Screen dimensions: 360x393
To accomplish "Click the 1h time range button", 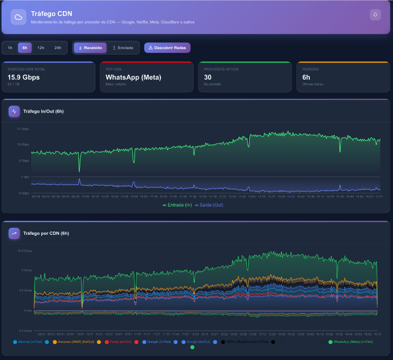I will pos(10,48).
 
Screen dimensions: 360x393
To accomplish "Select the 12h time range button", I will pos(41,48).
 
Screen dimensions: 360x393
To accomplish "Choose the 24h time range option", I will pos(58,48).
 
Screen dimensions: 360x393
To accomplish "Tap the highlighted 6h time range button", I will pos(25,48).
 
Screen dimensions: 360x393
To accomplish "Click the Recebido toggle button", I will pos(90,48).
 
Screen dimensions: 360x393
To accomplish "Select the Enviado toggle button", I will pos(123,48).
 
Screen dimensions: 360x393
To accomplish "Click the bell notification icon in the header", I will pos(375,15).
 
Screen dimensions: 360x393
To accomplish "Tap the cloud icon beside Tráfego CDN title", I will pos(19,17).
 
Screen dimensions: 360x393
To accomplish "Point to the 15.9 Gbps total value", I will pos(23,77).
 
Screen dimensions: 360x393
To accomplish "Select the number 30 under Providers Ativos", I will pos(207,77).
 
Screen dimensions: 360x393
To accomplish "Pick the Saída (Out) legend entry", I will pos(208,205).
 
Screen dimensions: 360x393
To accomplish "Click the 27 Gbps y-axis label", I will pos(23,129).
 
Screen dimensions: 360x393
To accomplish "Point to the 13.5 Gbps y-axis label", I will pos(25,251).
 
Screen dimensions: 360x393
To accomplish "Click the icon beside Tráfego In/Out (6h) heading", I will pos(14,111).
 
